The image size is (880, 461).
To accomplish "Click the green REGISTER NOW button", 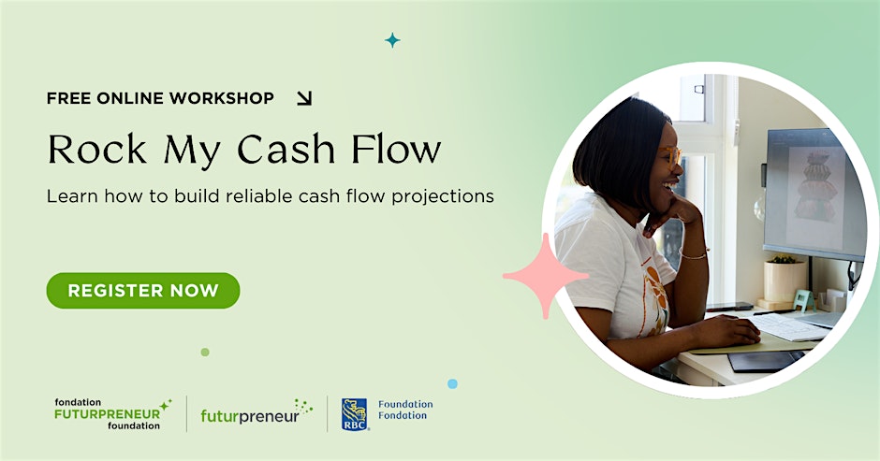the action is (x=143, y=291).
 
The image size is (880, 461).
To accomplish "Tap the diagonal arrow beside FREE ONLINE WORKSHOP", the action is (x=304, y=98).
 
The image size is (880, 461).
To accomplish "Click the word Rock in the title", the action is (x=97, y=150).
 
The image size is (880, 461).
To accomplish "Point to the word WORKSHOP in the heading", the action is (x=222, y=98).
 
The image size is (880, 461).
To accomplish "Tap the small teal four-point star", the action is (x=392, y=40).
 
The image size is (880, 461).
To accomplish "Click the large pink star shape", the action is (x=545, y=276).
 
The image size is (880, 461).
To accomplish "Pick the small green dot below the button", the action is (x=205, y=353).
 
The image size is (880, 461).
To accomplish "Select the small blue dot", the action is (x=452, y=383).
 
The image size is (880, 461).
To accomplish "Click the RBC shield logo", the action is (x=354, y=414).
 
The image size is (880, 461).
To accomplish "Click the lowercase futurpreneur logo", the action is (x=257, y=412).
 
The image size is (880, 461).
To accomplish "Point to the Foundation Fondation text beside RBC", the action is (x=405, y=410).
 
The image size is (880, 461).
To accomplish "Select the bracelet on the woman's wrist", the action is (x=694, y=254).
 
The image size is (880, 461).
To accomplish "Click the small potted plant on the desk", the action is (x=785, y=279).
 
